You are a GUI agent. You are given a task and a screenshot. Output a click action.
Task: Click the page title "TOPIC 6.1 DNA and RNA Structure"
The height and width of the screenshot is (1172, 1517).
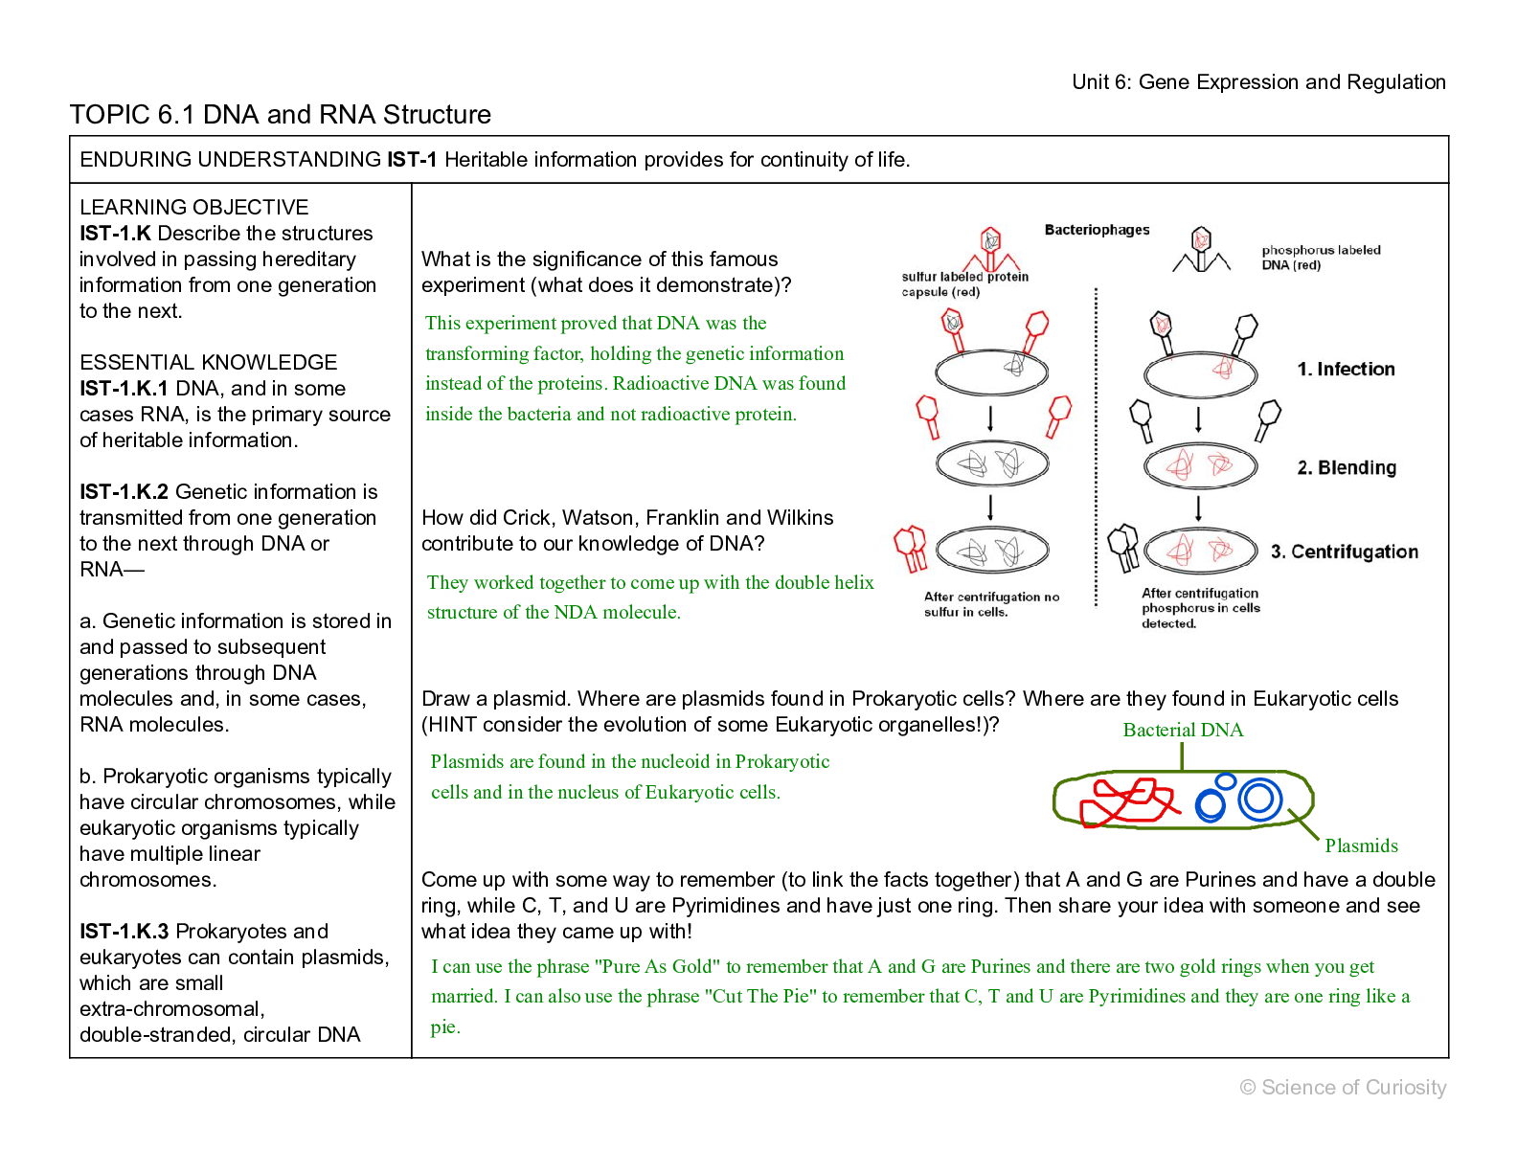click(x=280, y=115)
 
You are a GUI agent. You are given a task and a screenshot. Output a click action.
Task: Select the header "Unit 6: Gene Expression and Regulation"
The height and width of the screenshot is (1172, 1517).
click(x=1258, y=82)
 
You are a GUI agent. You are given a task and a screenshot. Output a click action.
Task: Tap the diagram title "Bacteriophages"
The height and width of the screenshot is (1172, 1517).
click(x=1097, y=230)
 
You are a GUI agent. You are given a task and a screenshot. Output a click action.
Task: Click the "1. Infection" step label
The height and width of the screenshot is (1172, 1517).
click(x=1346, y=370)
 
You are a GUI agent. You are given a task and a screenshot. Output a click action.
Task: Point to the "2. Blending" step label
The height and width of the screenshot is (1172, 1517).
click(x=1347, y=468)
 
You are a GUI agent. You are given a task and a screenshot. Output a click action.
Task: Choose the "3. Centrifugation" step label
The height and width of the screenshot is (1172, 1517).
click(x=1344, y=552)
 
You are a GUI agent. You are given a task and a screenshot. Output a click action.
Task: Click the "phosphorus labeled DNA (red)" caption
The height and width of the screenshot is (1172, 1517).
click(x=1320, y=258)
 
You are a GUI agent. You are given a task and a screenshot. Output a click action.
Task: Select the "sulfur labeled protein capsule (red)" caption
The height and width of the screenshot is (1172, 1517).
click(x=963, y=284)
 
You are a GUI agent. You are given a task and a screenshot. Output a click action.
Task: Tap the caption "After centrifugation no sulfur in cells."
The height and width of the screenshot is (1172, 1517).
click(x=990, y=604)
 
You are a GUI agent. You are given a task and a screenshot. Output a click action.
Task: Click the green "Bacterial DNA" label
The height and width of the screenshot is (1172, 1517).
click(x=1183, y=731)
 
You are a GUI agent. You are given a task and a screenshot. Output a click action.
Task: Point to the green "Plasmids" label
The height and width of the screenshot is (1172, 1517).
click(x=1361, y=846)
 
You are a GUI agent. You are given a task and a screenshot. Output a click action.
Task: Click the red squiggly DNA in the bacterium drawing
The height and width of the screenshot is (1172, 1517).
click(x=1126, y=801)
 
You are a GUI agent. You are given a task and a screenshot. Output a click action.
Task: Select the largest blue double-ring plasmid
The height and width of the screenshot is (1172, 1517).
click(x=1259, y=799)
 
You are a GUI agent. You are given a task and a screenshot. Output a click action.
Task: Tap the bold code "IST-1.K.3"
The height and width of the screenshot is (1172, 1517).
click(x=125, y=932)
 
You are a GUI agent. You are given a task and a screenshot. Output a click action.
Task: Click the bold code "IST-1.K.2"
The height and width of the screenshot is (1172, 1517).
click(x=125, y=492)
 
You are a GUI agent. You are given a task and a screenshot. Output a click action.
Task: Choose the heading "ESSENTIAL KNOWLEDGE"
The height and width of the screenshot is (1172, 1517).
click(x=208, y=363)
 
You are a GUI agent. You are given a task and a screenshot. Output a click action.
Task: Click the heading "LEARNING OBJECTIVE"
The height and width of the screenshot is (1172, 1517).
click(x=193, y=208)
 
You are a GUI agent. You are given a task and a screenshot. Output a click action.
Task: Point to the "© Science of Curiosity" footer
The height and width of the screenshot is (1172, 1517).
click(x=1343, y=1088)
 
